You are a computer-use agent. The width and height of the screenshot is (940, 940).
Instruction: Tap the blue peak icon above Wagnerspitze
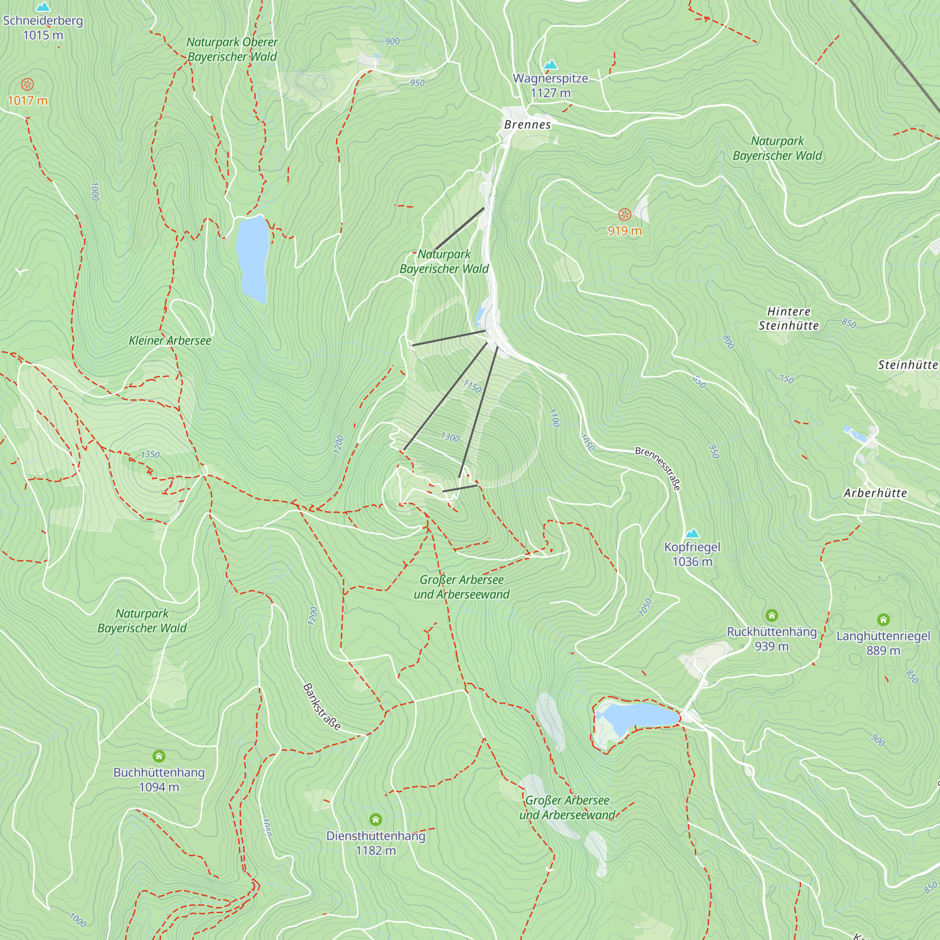tap(550, 65)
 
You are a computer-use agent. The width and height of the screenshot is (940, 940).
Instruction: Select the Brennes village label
tap(527, 125)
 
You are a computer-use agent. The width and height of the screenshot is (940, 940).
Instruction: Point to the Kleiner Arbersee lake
tap(253, 258)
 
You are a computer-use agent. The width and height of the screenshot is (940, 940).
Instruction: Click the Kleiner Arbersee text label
tap(170, 341)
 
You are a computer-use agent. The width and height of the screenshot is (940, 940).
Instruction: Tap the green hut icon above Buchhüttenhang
tap(159, 756)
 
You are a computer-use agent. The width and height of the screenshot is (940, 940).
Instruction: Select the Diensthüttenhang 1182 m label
tap(376, 843)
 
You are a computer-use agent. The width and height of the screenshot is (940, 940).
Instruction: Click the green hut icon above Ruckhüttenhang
tap(771, 616)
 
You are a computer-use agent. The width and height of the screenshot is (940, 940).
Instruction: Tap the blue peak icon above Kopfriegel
tap(692, 533)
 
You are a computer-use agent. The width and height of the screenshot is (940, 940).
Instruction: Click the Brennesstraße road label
tap(658, 469)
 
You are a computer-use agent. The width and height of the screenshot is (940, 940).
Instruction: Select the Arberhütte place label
tap(875, 493)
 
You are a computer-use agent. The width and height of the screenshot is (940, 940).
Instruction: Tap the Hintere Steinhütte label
tap(788, 319)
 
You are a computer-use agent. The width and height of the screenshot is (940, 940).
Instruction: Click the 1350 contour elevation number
tap(150, 454)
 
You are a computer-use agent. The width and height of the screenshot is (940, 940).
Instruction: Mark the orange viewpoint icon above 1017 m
tap(28, 85)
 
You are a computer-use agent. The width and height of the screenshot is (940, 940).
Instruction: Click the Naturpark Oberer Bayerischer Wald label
tap(232, 49)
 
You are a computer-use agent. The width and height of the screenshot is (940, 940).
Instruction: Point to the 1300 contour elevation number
tap(450, 437)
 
